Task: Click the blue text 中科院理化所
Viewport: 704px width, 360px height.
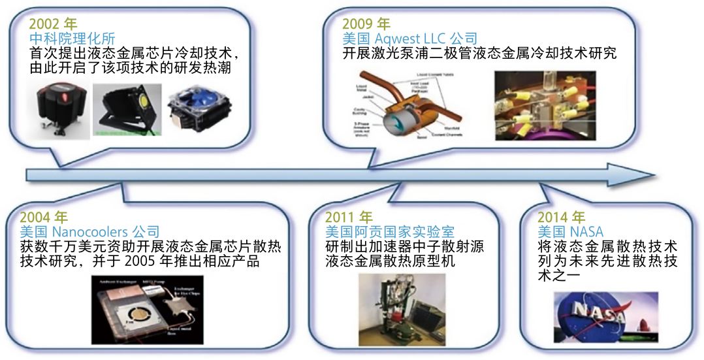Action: click(72, 39)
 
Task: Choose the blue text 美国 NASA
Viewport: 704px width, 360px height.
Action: click(570, 232)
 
